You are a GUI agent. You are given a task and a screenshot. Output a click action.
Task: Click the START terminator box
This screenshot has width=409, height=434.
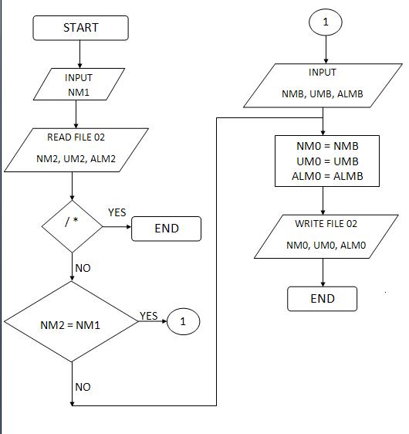80,28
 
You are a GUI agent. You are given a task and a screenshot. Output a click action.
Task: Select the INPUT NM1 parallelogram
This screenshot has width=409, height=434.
79,85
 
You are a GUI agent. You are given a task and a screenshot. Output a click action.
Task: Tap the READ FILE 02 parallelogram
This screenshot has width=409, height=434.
76,149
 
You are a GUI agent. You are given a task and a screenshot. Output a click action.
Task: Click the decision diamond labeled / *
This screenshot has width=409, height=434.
72,221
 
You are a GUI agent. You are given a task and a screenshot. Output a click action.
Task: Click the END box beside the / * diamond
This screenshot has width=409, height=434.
166,228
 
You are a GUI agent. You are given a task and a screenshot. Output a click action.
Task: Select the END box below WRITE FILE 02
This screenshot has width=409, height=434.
322,298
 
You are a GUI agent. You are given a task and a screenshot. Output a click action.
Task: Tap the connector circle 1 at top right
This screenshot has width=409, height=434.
325,22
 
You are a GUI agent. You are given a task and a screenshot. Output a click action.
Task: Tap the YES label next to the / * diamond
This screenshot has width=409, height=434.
117,212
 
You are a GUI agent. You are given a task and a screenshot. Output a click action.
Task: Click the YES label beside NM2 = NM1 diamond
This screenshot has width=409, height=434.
148,316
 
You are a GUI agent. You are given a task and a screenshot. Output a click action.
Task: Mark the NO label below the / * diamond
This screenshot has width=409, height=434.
82,268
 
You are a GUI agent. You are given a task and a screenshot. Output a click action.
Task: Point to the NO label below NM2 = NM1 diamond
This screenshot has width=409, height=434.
83,386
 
